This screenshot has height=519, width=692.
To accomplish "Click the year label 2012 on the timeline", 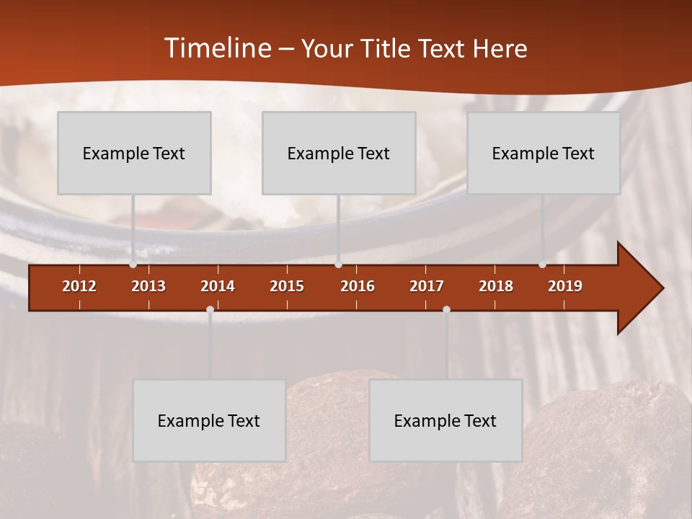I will point(79,286).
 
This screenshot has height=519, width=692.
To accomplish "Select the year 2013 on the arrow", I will point(148,286).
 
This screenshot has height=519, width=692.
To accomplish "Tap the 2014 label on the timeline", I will point(218,286).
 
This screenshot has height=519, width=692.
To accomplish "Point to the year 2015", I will point(287,286).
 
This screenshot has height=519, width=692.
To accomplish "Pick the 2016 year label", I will point(358,286).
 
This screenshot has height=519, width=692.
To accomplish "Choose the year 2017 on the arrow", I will point(427,286).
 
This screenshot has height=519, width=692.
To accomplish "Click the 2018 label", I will point(496,286).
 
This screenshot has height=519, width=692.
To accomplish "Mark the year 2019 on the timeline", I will point(565,286).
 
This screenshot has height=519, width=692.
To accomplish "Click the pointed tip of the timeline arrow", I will point(661,288).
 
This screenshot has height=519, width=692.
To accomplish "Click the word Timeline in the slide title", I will point(216,48).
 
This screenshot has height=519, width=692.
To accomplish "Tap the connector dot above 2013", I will point(133,264).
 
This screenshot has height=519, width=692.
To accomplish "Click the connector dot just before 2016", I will point(338,264).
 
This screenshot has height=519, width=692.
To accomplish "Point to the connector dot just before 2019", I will point(543,264).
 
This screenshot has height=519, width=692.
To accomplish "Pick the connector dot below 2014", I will point(210,310).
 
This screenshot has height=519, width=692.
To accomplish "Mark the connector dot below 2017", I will point(446,310).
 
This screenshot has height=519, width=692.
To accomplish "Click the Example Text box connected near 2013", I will point(134,153).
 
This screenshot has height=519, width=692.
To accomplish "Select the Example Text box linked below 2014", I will point(209,420).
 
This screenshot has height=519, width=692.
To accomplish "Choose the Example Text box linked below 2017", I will point(445,420).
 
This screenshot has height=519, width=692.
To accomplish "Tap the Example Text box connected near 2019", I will point(544,153).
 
